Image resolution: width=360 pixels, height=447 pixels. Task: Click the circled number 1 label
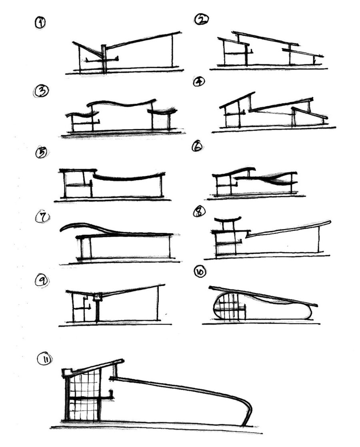coord(40,23)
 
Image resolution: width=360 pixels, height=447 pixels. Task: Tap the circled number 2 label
coord(201,19)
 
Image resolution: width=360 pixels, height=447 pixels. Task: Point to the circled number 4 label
coord(199,82)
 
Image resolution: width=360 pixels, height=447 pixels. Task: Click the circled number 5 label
coord(41,152)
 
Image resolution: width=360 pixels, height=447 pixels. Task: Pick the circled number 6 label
coord(197,147)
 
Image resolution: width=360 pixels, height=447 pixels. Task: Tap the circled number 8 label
coord(198,212)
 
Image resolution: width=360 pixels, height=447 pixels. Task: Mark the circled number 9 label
coord(42,281)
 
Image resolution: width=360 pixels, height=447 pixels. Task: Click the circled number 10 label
coord(199,272)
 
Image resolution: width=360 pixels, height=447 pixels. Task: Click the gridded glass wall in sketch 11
coord(84,394)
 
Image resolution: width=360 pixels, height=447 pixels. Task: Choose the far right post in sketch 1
coord(173,51)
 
